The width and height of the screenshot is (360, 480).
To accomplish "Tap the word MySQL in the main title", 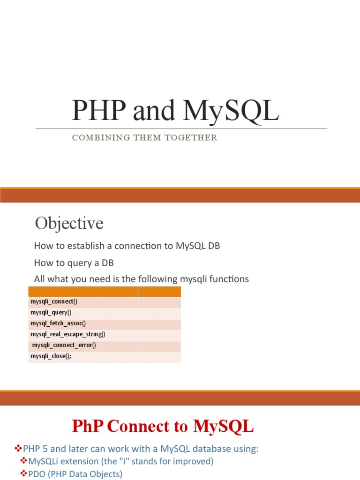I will tap(231, 111).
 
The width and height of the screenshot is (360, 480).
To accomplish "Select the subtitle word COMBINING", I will tap(96, 138).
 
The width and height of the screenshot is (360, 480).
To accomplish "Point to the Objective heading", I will tap(69, 223).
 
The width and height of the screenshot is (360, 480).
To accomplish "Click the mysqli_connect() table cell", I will tap(54, 301).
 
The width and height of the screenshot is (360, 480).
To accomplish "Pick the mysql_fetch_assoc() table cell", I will tap(58, 323).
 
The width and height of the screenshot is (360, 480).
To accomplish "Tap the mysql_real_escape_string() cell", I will tap(68, 334).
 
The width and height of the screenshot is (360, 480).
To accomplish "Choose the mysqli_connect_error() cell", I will tap(64, 345).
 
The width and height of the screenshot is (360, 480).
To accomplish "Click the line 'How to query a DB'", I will tap(74, 263).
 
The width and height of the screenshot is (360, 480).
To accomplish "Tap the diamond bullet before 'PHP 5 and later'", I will tap(19, 449).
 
